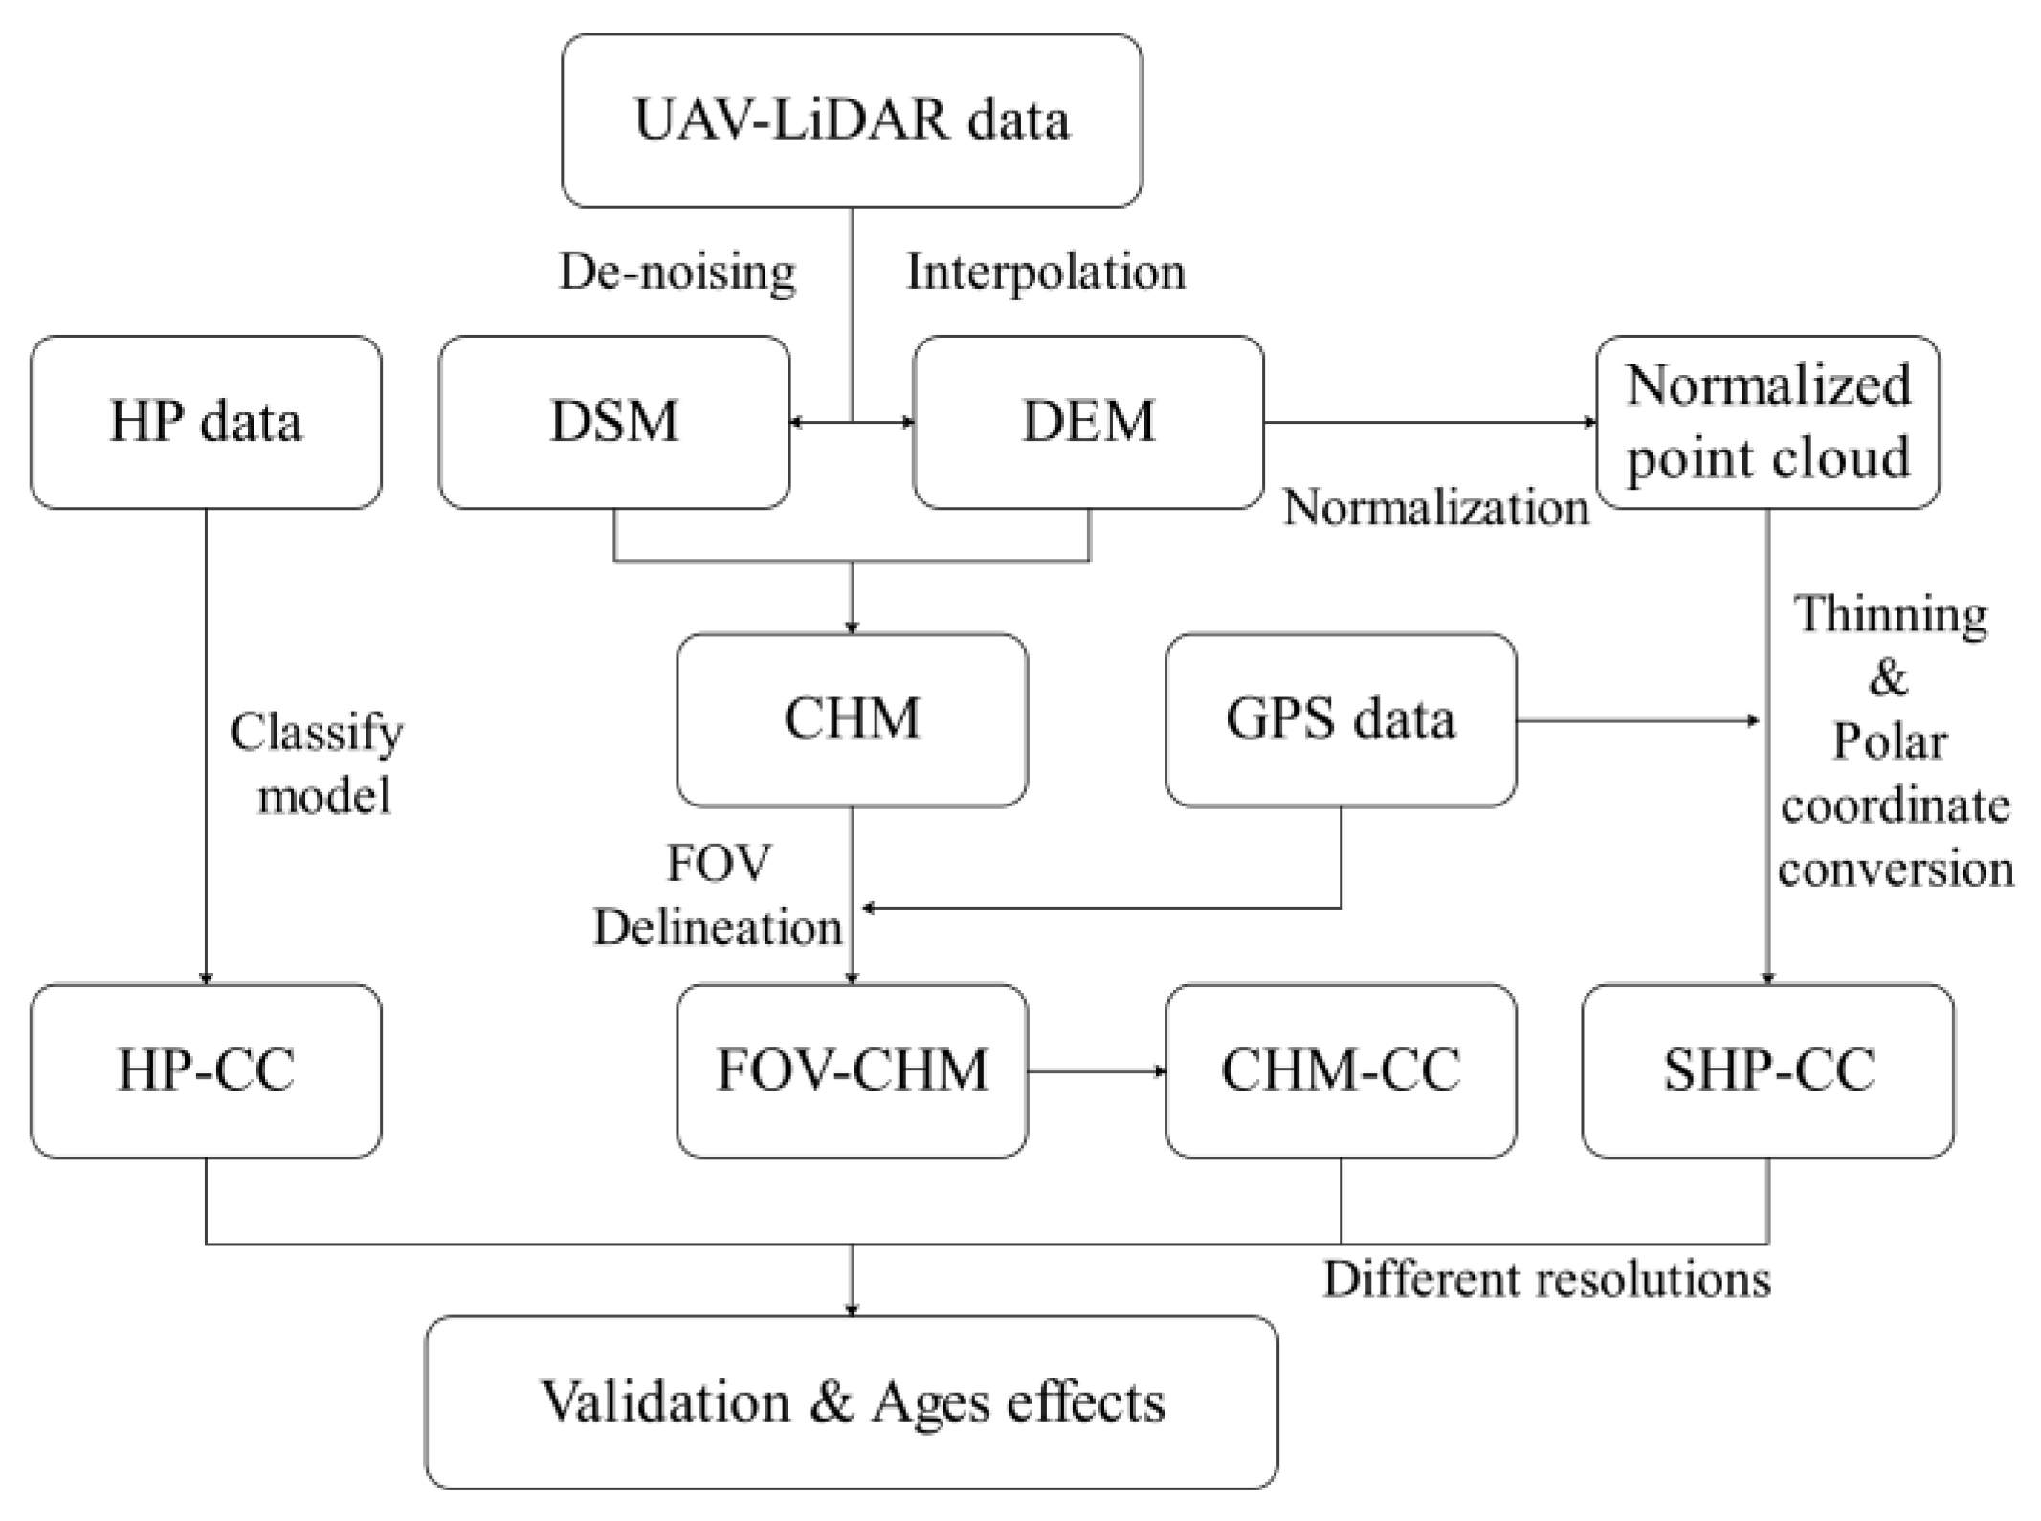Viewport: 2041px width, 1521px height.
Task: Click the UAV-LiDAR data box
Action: pyautogui.click(x=851, y=121)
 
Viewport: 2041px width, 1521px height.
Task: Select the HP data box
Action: pyautogui.click(x=206, y=422)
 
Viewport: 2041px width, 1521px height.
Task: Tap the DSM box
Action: pyautogui.click(x=614, y=422)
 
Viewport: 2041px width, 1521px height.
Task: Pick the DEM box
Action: pyautogui.click(x=1088, y=422)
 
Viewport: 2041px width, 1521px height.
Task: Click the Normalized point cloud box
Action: pyautogui.click(x=1767, y=422)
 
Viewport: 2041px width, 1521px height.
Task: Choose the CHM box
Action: pyautogui.click(x=852, y=719)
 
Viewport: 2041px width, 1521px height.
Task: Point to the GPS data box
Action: pyautogui.click(x=1340, y=719)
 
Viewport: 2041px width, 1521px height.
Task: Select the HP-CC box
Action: pyautogui.click(x=206, y=1070)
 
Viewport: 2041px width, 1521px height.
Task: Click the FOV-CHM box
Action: pyautogui.click(x=852, y=1070)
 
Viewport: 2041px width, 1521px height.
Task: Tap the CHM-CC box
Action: pyautogui.click(x=1340, y=1070)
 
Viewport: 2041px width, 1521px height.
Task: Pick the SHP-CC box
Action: pyautogui.click(x=1767, y=1070)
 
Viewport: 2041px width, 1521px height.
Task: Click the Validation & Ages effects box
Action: pyautogui.click(x=851, y=1401)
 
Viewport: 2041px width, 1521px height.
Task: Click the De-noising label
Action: pyautogui.click(x=677, y=272)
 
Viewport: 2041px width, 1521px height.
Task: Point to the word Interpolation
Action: pyautogui.click(x=1045, y=272)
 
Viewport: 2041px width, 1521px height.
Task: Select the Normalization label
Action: pyautogui.click(x=1435, y=507)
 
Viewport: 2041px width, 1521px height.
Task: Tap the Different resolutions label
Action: pyautogui.click(x=1546, y=1280)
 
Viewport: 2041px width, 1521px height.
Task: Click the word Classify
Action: pyautogui.click(x=317, y=734)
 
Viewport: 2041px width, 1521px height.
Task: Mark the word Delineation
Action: pyautogui.click(x=718, y=927)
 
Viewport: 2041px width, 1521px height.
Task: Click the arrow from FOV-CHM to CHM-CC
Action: pyautogui.click(x=1097, y=1071)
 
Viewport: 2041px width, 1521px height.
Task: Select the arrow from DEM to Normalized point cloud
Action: pyautogui.click(x=1430, y=422)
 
